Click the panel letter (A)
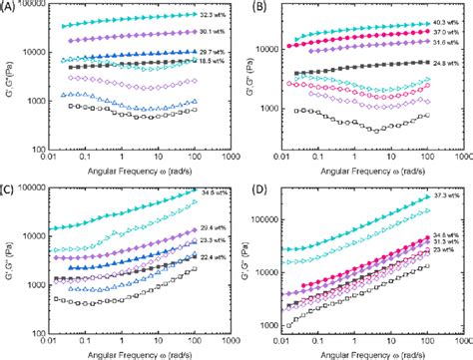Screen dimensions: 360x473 click(x=10, y=7)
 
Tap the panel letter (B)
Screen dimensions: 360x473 click(x=250, y=7)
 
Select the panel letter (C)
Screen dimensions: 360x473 click(x=10, y=186)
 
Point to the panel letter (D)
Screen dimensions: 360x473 click(x=250, y=186)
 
